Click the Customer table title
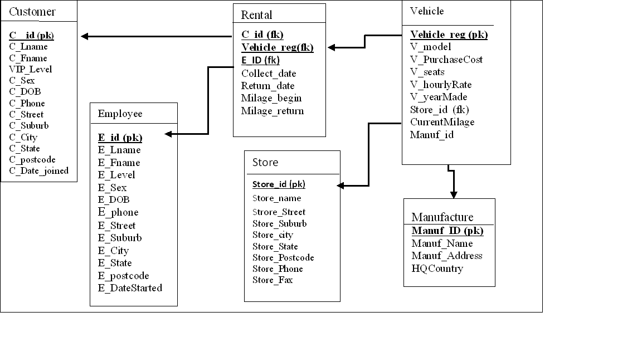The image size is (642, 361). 32,12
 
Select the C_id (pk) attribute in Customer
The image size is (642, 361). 31,35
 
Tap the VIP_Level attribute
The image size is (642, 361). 31,69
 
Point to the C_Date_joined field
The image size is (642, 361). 39,170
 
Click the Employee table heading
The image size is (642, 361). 120,114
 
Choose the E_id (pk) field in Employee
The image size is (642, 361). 120,137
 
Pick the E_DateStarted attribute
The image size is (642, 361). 130,287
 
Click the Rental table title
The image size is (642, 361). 257,14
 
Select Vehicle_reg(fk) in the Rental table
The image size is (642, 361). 278,47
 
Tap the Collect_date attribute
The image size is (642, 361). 269,74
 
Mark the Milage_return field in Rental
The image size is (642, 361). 273,110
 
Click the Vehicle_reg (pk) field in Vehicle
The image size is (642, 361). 449,35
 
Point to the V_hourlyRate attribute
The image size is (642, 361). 441,84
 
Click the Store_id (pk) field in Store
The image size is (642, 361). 279,184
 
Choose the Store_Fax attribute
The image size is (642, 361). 273,280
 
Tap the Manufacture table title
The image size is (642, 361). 442,217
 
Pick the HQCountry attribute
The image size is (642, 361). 437,268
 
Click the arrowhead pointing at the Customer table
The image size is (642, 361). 85,37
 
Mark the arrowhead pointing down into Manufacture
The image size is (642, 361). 454,194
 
